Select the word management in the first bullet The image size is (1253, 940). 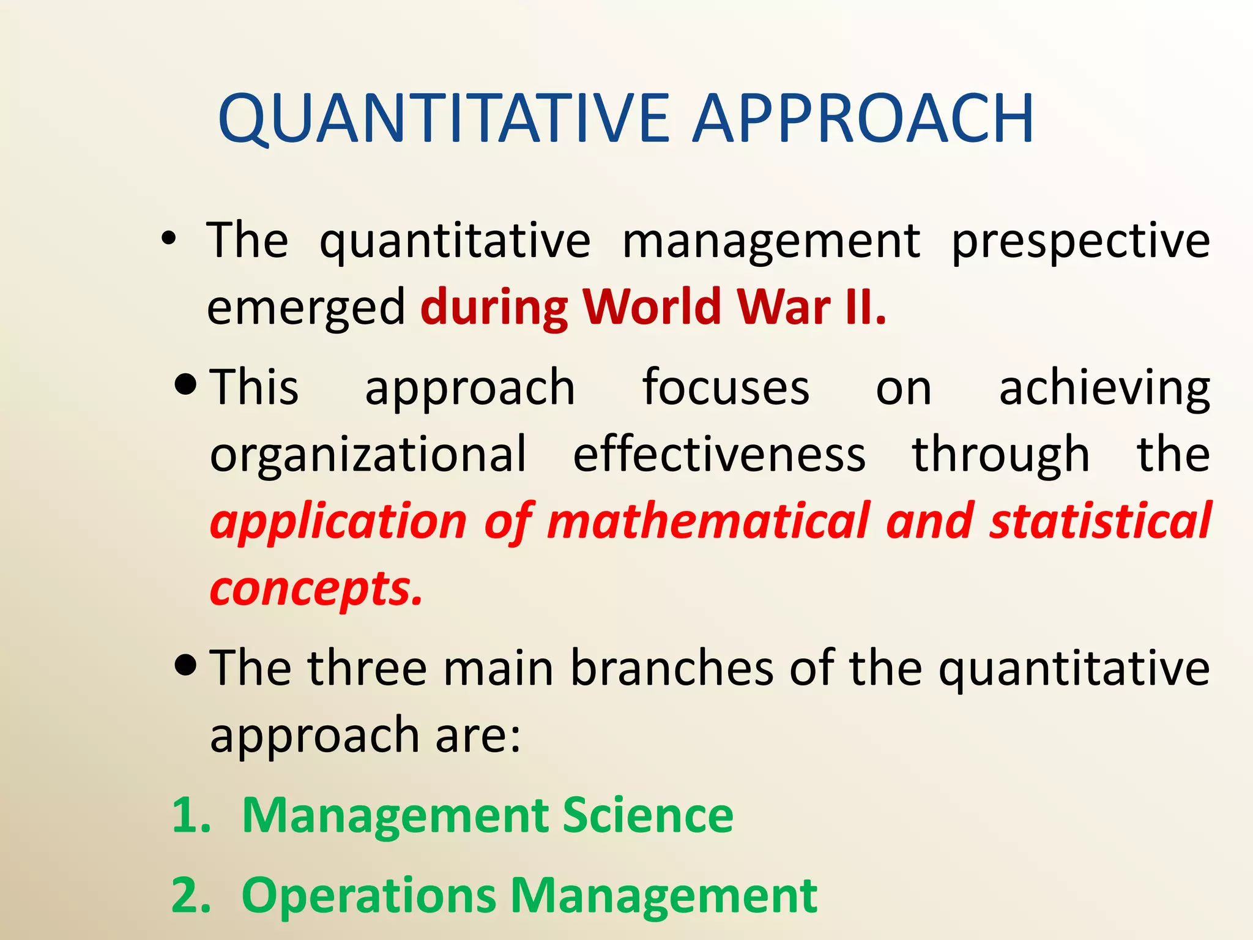tap(771, 241)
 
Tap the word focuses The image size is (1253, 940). tap(726, 387)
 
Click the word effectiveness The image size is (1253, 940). tap(719, 454)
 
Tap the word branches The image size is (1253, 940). tap(672, 668)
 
